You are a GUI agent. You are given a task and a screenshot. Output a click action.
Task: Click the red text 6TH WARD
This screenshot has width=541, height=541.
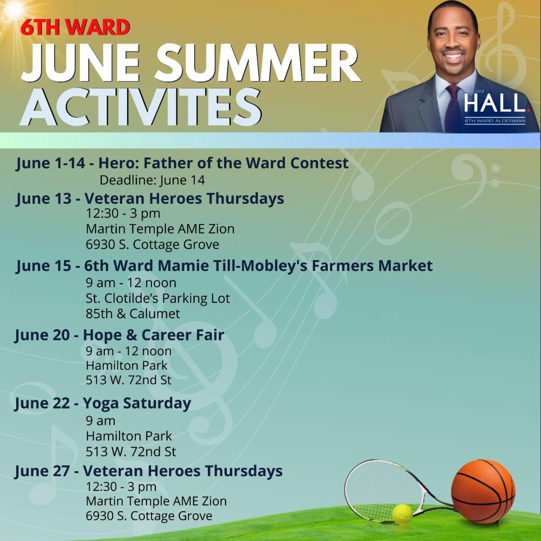pyautogui.click(x=76, y=27)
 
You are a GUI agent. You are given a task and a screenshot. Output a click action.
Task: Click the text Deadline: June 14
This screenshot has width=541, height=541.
pyautogui.click(x=152, y=180)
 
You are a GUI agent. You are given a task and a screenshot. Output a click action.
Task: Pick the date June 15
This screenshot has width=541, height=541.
pyautogui.click(x=44, y=266)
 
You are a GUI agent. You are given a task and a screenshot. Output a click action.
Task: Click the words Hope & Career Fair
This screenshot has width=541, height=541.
pyautogui.click(x=154, y=335)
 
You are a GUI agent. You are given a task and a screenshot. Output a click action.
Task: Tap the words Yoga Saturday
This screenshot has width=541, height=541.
pyautogui.click(x=137, y=403)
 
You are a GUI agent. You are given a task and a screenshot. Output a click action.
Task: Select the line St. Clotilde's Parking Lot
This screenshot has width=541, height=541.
pyautogui.click(x=158, y=298)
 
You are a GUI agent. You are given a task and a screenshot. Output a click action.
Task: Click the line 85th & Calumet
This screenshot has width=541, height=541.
pyautogui.click(x=133, y=314)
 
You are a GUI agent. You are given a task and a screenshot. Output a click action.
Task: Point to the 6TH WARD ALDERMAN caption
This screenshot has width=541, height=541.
pyautogui.click(x=495, y=121)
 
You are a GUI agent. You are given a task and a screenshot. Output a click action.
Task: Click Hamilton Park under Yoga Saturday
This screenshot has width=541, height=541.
pyautogui.click(x=129, y=436)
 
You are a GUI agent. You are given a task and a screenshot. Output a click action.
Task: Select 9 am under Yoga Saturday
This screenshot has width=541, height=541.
pyautogui.click(x=101, y=421)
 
